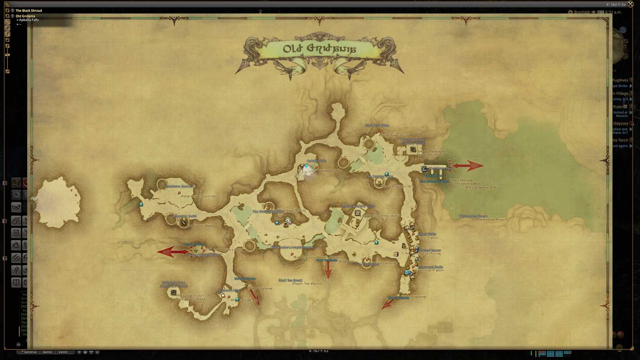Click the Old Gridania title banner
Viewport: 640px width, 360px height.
pos(320,49)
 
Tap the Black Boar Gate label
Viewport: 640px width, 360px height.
pos(377,125)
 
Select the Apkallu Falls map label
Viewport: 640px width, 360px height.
pos(317,161)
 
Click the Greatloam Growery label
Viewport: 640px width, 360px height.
pos(179,186)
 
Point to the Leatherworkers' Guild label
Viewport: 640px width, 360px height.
pos(358,206)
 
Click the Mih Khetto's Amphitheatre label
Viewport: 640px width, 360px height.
pos(292,247)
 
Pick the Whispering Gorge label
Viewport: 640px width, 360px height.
pos(473,216)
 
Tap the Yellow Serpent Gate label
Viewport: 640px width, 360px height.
pos(204,255)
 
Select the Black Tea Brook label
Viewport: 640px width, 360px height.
pos(290,280)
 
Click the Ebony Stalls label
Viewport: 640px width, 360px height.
pos(427,234)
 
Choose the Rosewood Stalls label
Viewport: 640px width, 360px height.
pos(430,267)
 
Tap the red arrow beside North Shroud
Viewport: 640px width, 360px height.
pos(172,252)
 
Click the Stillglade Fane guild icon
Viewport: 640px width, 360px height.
pos(173,292)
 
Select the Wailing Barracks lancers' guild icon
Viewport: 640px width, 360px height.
pos(413,149)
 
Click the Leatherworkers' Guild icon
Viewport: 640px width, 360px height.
pos(358,213)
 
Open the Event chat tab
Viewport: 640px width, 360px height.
pos(63,352)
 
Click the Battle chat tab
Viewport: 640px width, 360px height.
pos(47,352)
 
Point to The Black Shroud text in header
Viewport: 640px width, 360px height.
pos(29,10)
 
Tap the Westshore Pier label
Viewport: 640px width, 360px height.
pos(440,168)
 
